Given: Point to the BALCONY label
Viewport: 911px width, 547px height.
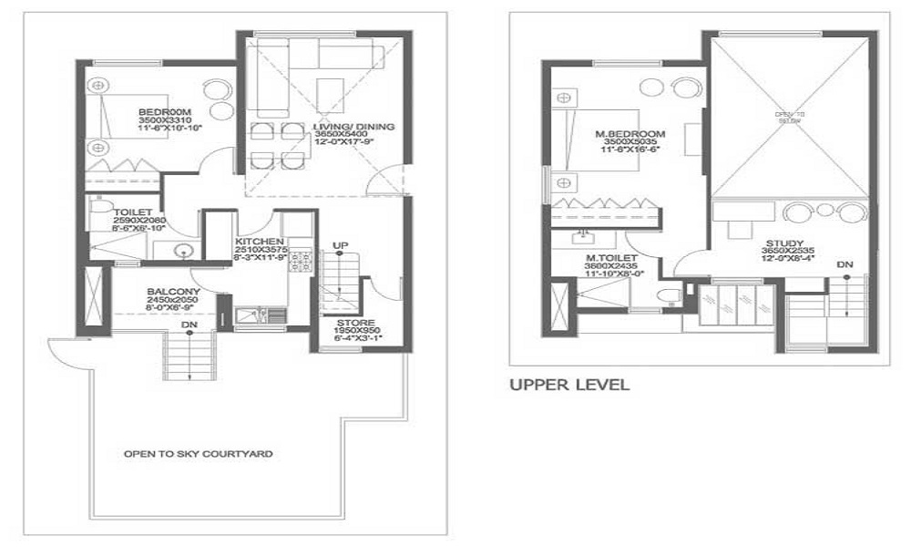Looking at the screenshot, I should [x=169, y=293].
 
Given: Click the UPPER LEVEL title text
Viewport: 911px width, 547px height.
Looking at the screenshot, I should [x=568, y=386].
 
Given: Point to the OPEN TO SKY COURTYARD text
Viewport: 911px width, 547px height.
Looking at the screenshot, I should [x=198, y=453].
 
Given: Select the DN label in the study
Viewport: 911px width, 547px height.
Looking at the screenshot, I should [x=844, y=264].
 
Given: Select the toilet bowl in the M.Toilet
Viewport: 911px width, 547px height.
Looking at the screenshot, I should [x=671, y=293].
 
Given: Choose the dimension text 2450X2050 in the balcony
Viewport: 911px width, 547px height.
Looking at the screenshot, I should [x=169, y=302].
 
